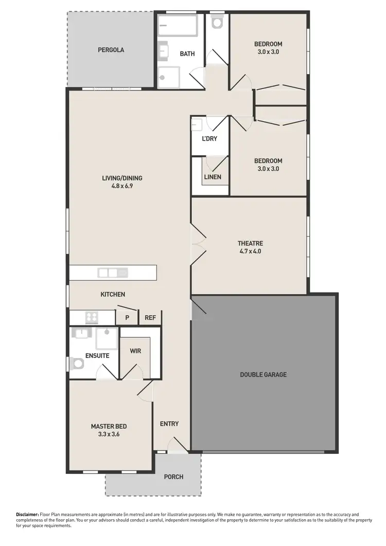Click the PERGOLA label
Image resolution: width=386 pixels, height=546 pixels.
coord(111,50)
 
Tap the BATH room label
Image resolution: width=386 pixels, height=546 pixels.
coord(187,54)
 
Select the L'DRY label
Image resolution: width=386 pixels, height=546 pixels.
coord(209,139)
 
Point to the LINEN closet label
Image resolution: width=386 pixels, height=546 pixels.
coord(213,177)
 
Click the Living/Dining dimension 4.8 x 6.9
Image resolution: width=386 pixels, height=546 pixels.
coord(121,186)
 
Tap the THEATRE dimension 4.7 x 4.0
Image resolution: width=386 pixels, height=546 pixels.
coord(251,252)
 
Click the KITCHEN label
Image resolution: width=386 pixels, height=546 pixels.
coord(113,295)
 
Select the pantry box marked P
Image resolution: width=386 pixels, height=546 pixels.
coord(127,318)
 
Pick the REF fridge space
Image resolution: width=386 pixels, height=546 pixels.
coord(150,318)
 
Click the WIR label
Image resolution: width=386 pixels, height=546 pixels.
coord(135,351)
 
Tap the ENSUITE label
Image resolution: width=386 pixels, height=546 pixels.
coord(97,356)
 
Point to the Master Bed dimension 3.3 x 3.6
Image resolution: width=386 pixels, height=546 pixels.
coord(109,434)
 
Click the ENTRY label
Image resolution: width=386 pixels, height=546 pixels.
coord(169,424)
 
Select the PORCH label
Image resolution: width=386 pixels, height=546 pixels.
coord(173,477)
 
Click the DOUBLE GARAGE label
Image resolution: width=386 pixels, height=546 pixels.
coord(263,374)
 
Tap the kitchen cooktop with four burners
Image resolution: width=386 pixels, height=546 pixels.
coord(92,317)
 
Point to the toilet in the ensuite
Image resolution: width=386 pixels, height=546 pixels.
coord(78,364)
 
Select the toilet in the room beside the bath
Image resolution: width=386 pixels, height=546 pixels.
coord(217,22)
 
